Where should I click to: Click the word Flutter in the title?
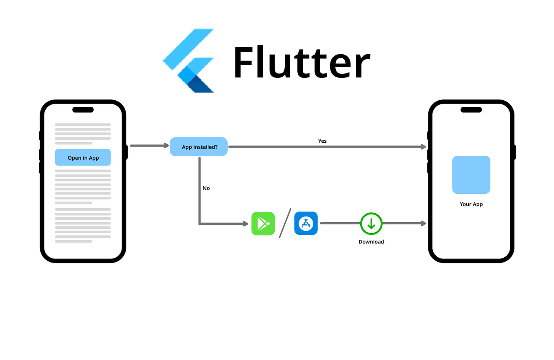301,63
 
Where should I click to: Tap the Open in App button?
83,157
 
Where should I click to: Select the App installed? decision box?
199,147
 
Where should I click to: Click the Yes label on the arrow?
322,141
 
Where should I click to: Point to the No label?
206,188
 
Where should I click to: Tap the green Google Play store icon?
263,223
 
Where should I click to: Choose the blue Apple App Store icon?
306,223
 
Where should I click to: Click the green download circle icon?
371,223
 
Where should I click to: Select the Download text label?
371,242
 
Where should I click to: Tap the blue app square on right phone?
471,174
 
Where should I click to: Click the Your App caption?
471,204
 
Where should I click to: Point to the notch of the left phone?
83,110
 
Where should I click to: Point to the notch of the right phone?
471,110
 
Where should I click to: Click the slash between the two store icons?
285,223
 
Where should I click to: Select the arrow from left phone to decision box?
149,146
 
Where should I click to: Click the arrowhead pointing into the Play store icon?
246,223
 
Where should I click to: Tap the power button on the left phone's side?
126,152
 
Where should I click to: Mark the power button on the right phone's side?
514,152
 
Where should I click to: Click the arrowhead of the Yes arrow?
424,147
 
